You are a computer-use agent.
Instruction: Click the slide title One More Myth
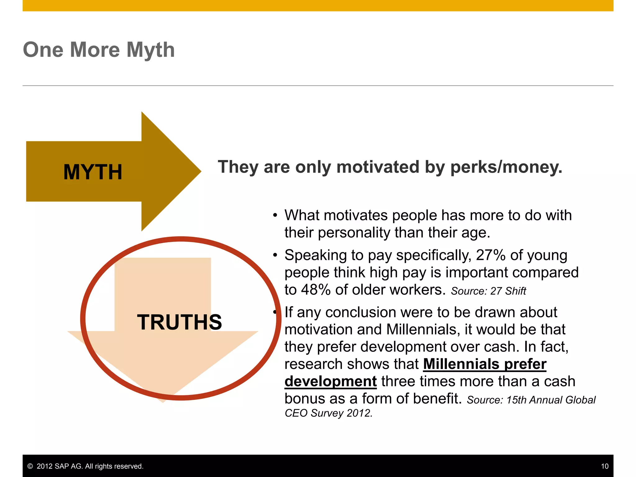(99, 50)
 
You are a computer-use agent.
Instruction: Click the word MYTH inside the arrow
(93, 172)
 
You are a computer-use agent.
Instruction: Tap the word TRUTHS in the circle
(179, 322)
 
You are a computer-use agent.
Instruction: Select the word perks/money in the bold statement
(506, 167)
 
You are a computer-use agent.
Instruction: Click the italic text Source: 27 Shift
(488, 291)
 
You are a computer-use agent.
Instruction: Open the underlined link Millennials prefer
(484, 364)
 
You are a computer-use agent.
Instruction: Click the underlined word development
(330, 381)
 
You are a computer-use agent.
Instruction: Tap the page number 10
(605, 466)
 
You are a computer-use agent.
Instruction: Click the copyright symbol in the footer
(30, 466)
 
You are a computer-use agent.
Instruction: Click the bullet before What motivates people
(275, 216)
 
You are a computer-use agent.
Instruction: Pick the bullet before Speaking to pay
(275, 255)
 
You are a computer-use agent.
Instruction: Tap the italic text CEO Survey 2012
(328, 413)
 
